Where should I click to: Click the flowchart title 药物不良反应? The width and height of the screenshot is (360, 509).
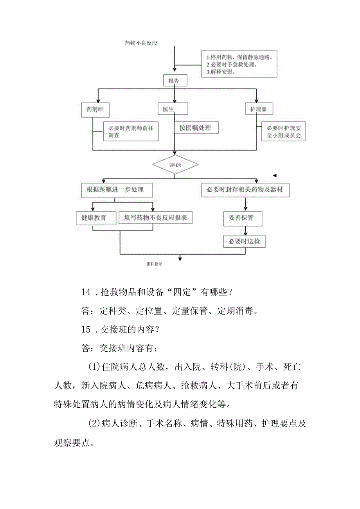point(141,43)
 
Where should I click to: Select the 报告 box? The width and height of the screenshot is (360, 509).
point(174,81)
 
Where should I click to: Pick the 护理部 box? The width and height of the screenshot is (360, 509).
point(259,109)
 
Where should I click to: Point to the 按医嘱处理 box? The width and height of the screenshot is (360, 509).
point(196,128)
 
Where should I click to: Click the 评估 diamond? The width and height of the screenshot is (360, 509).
point(175,165)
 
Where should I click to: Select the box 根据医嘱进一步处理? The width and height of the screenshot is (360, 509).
point(115,190)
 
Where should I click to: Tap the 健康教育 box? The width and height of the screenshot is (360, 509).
point(94,218)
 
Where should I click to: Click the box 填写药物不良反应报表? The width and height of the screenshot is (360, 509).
point(156,218)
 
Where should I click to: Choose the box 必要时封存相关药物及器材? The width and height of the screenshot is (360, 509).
point(245,190)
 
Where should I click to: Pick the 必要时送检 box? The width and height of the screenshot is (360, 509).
point(244,241)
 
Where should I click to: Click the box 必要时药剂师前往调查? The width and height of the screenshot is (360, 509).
point(130,132)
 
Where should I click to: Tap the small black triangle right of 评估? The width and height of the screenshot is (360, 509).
point(275,175)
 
